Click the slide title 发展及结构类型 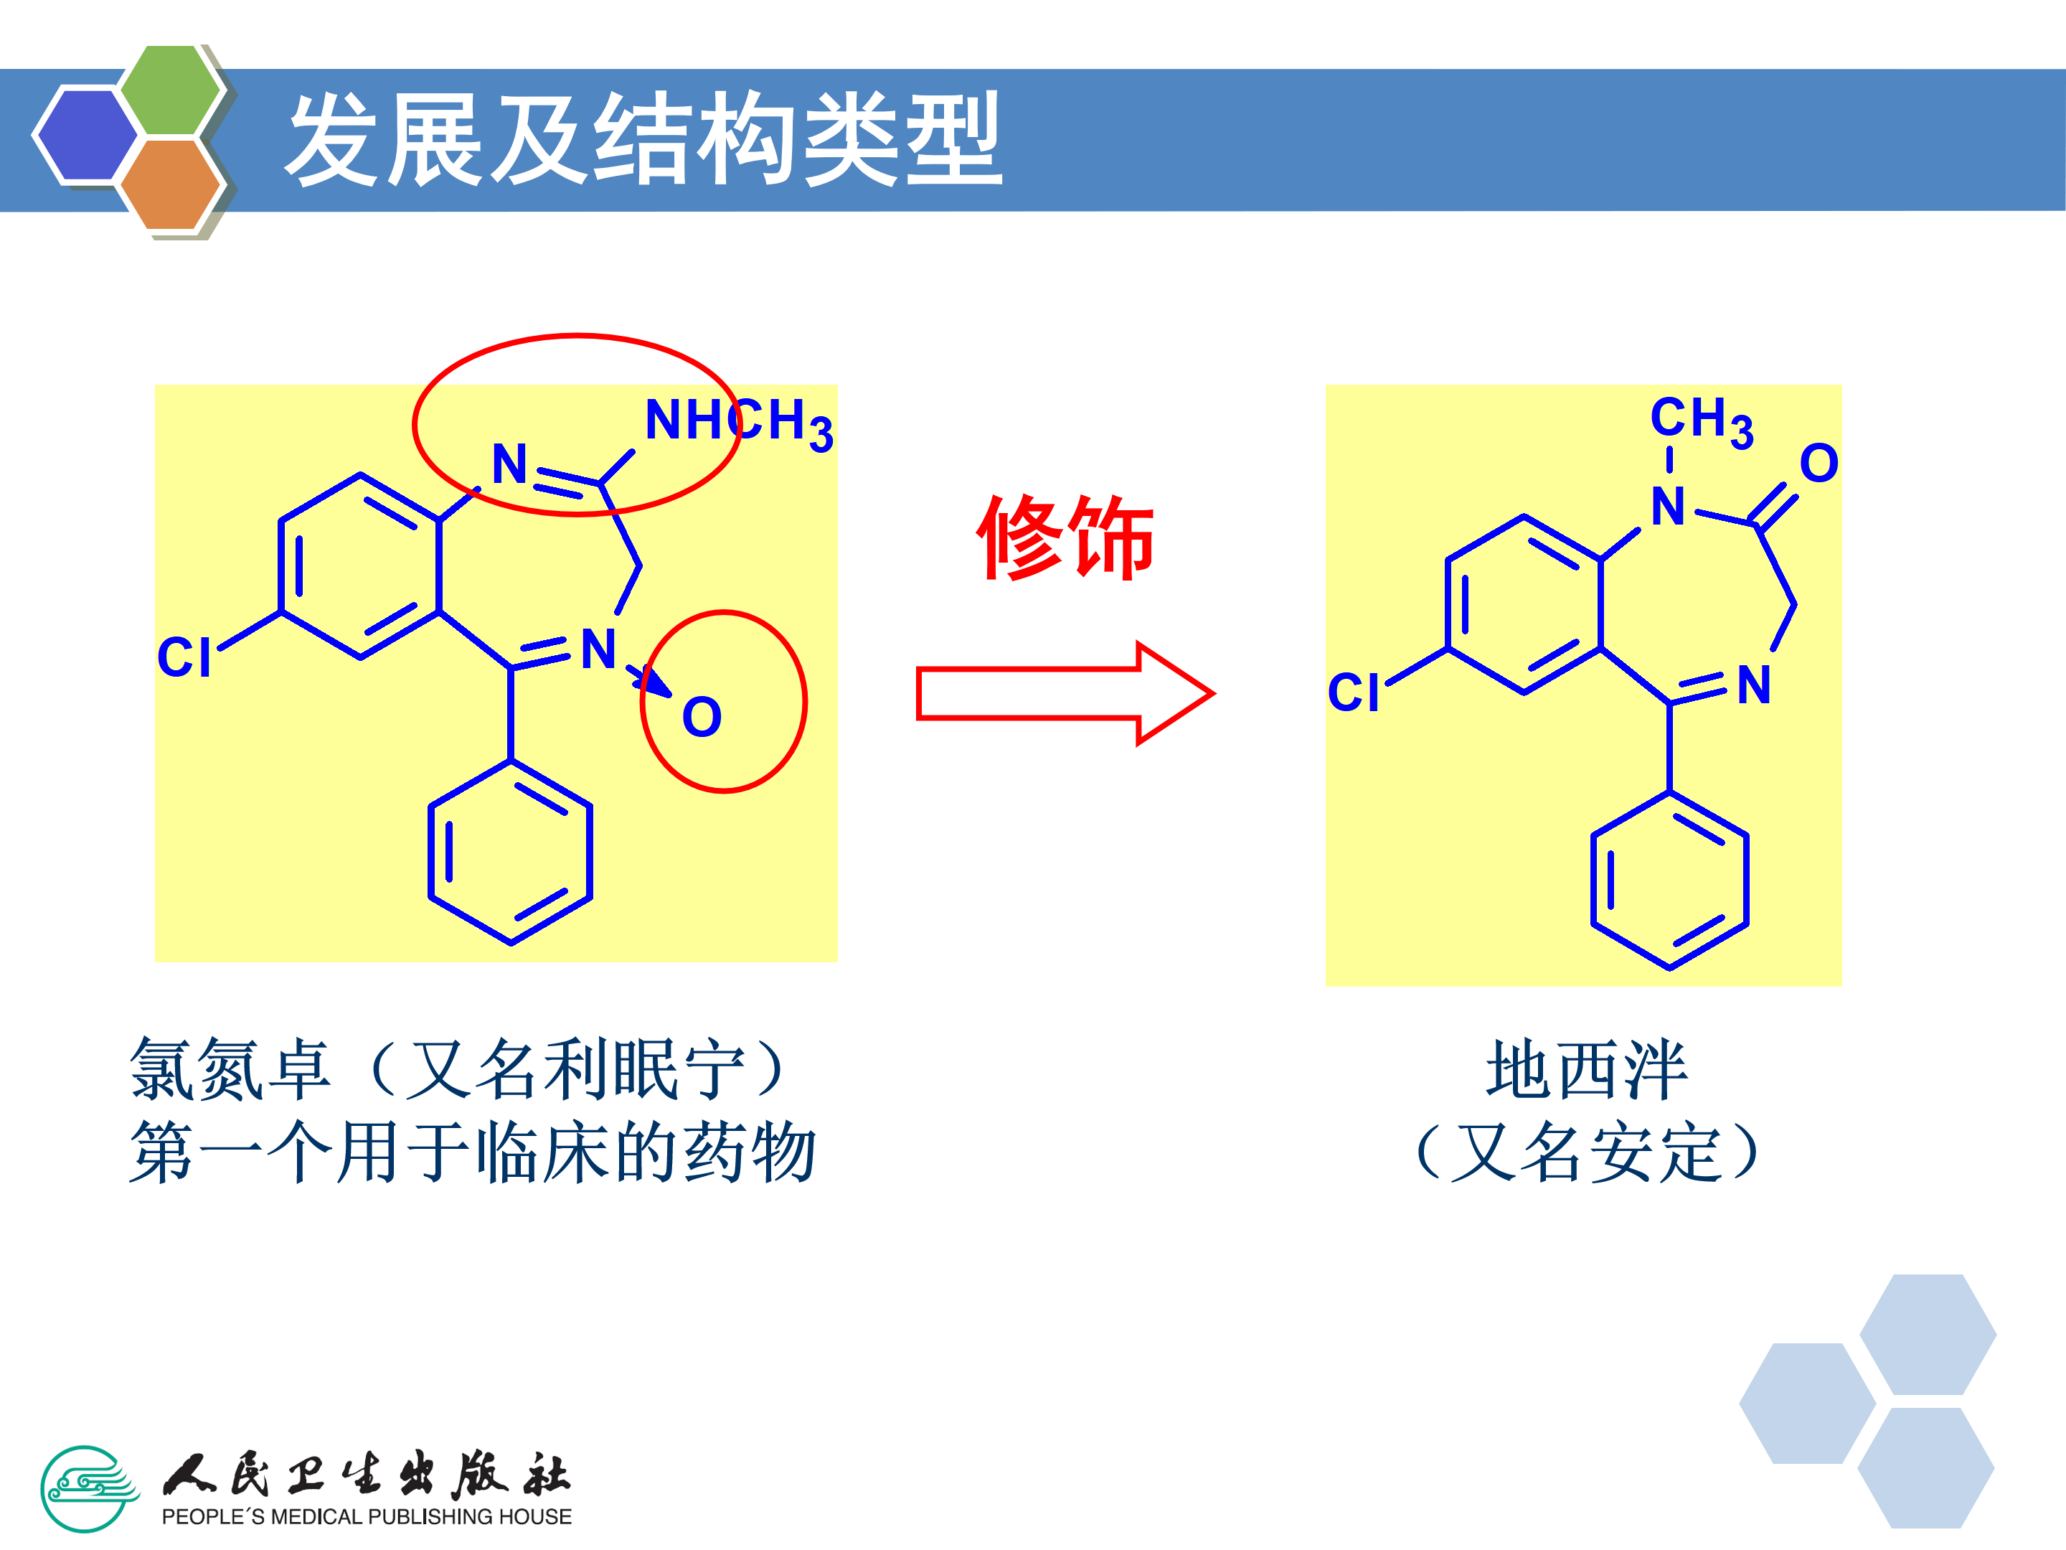pyautogui.click(x=643, y=140)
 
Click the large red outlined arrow pyautogui.click(x=1065, y=693)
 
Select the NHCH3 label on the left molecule pyautogui.click(x=738, y=422)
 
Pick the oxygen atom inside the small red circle pyautogui.click(x=702, y=718)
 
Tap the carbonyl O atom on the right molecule pyautogui.click(x=1819, y=464)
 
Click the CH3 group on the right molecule pyautogui.click(x=1701, y=420)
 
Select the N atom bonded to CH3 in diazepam pyautogui.click(x=1668, y=507)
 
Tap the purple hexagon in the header pyautogui.click(x=86, y=133)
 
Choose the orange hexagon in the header pyautogui.click(x=170, y=183)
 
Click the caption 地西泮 pyautogui.click(x=1586, y=1070)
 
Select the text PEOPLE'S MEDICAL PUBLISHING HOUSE pyautogui.click(x=366, y=1516)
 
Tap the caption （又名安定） pyautogui.click(x=1586, y=1152)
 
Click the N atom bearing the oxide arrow pyautogui.click(x=598, y=649)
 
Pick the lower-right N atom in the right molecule pyautogui.click(x=1753, y=685)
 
